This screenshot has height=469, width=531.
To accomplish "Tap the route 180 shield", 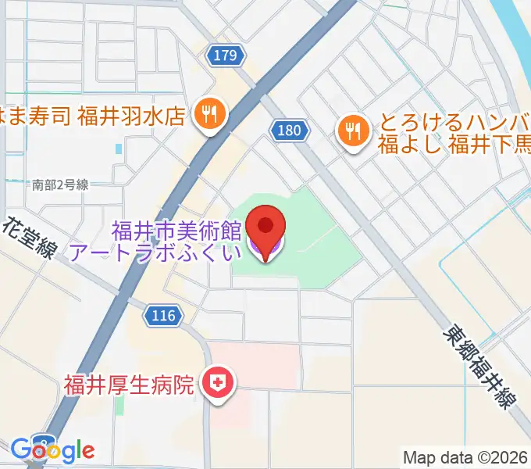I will tap(287, 130).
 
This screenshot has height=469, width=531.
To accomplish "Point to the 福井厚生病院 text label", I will tap(129, 385).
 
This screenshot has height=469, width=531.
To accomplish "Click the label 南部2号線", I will tap(61, 185).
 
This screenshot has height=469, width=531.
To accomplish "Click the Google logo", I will tap(52, 450).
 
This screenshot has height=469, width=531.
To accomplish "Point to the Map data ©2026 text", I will tap(465, 457).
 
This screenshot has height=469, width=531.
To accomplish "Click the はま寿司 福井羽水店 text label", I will tap(94, 116).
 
